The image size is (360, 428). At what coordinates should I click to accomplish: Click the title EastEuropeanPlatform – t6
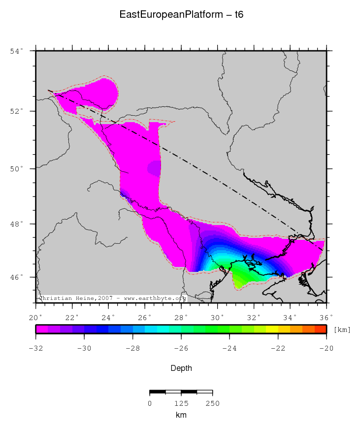pos(181,15)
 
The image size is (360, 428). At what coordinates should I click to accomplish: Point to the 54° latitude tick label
pos(18,51)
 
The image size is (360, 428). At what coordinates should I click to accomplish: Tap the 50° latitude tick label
pos(18,169)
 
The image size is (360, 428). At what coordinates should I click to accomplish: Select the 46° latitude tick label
pos(18,277)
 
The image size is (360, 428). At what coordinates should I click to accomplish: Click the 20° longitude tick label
pos(35,317)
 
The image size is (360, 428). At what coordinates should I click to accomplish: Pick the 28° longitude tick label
pos(181,317)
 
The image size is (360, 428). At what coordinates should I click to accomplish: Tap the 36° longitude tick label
pos(327,317)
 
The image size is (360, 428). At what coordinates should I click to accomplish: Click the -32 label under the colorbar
pos(35,348)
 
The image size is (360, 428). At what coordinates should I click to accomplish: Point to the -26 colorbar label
pos(181,348)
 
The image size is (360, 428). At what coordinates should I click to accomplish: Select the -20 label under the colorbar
pos(327,348)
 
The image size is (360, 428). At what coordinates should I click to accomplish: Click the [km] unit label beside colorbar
pos(342,329)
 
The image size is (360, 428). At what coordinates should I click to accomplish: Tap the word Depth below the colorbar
pos(181,368)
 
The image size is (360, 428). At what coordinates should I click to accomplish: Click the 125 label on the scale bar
pos(181,403)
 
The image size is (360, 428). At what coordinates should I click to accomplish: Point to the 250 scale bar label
pos(212,403)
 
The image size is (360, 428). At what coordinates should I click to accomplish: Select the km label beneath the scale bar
pos(181,415)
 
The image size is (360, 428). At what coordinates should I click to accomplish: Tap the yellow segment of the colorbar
pos(272,329)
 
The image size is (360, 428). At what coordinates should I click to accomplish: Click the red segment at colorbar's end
pos(321,329)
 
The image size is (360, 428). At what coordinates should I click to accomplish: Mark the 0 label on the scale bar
pos(150,403)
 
